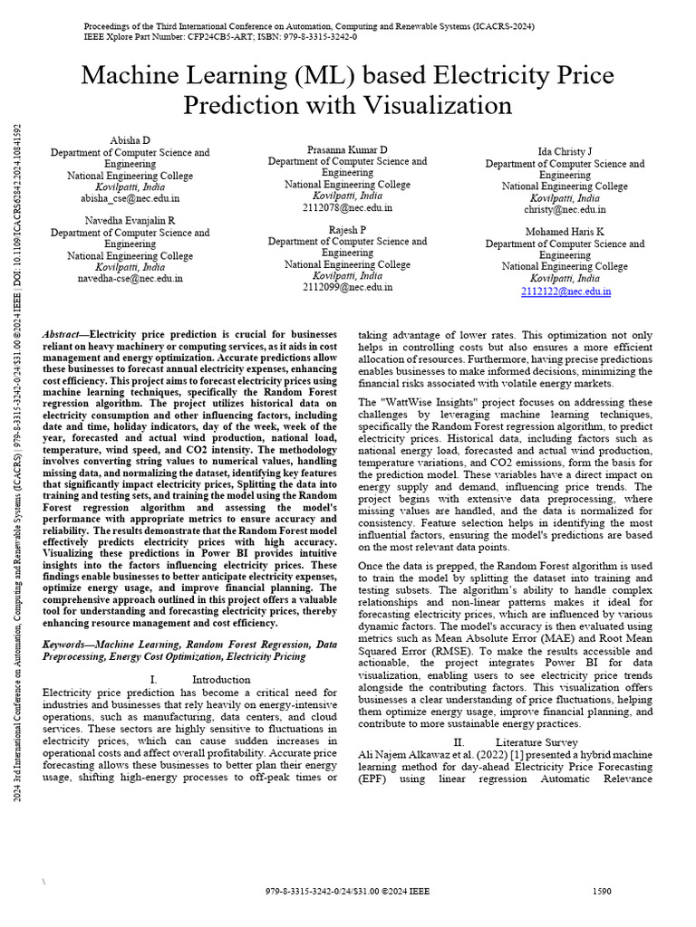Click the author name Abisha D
(x=130, y=140)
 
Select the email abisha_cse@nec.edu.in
(x=130, y=197)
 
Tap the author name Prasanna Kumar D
(x=347, y=148)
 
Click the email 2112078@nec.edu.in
(x=347, y=206)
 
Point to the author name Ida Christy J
(x=565, y=151)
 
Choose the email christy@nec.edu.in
(x=565, y=209)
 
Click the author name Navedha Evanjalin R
(x=130, y=220)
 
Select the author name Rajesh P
(x=347, y=230)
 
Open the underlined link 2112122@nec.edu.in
(x=565, y=291)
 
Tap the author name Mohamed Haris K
(x=565, y=232)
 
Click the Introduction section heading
(x=221, y=679)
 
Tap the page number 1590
(x=602, y=891)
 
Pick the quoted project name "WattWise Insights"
(x=424, y=401)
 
